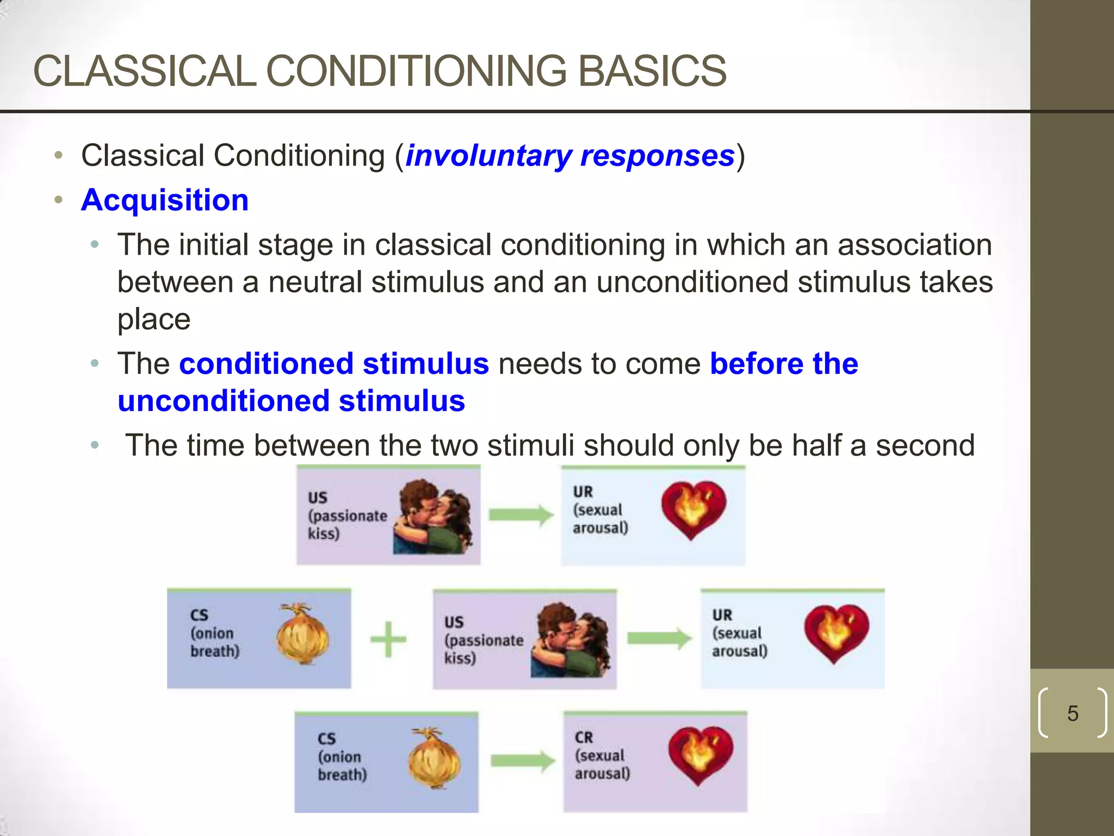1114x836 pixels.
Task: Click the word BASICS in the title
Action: click(651, 71)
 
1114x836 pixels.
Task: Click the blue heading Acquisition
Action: click(165, 200)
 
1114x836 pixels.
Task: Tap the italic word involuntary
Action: click(487, 156)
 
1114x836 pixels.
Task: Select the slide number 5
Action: click(1072, 713)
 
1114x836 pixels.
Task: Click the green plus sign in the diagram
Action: click(388, 639)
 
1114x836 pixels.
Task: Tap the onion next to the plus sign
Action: click(302, 635)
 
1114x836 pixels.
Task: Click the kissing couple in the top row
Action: click(434, 517)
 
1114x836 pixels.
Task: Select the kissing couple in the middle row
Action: click(570, 640)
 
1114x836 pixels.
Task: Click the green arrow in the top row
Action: click(521, 515)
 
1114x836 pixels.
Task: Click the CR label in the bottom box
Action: click(584, 737)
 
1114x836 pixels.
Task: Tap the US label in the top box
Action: click(318, 498)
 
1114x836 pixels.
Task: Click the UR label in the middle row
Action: click(722, 615)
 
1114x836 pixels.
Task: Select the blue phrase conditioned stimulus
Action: click(334, 364)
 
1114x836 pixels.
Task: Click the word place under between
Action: click(154, 319)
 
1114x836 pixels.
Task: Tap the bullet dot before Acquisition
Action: click(59, 200)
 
